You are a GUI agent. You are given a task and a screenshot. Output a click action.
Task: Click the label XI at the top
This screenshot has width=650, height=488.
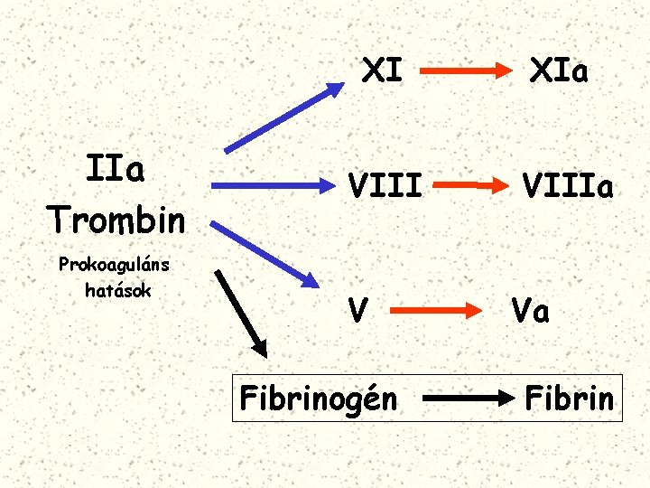(x=382, y=70)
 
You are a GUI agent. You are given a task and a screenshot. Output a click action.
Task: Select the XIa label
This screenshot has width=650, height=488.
(x=560, y=70)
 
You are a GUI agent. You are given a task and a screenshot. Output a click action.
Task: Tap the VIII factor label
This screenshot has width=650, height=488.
(x=385, y=187)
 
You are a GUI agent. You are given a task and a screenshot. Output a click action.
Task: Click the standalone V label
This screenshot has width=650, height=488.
(x=358, y=310)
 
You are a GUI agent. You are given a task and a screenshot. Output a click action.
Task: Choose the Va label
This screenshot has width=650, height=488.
(x=530, y=310)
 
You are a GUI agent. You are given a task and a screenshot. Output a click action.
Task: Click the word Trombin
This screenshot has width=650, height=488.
(x=116, y=218)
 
